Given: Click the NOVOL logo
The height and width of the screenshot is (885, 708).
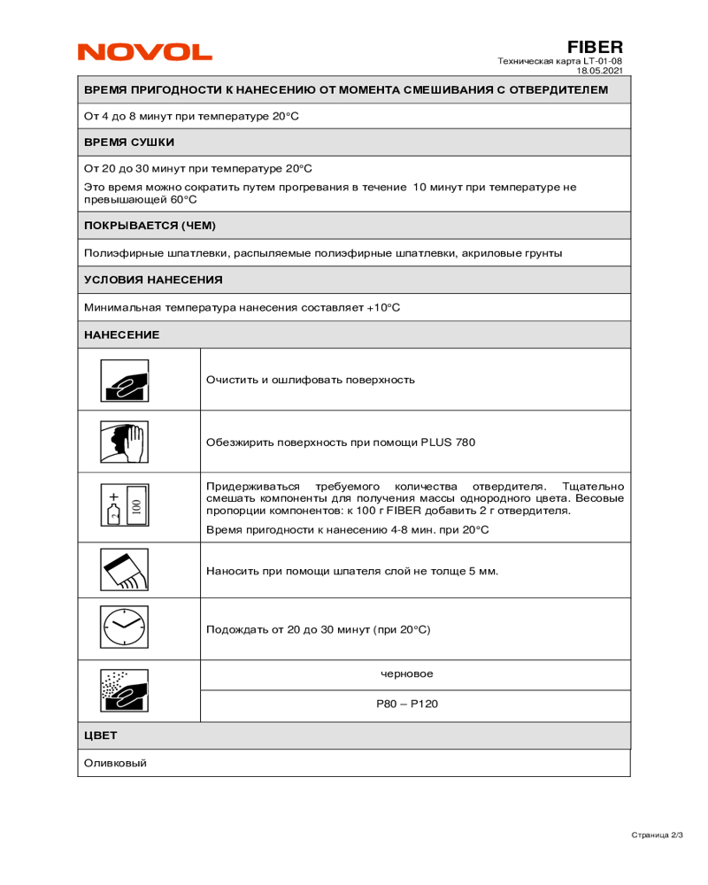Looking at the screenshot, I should click(145, 52).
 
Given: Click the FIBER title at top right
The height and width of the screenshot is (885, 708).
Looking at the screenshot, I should click(595, 47).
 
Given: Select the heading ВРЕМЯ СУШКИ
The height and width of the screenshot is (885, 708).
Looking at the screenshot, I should click(129, 142).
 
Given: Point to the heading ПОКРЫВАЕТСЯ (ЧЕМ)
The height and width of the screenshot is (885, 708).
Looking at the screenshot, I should click(150, 226).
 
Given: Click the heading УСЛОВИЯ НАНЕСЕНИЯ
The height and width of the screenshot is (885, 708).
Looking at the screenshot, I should click(153, 280).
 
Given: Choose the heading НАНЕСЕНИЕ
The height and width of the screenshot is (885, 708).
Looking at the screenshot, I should click(121, 335).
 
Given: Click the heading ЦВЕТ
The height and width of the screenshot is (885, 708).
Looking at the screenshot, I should click(100, 735).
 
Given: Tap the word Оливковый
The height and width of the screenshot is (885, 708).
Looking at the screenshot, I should click(115, 763).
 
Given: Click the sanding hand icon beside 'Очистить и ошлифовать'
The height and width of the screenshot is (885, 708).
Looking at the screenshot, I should click(124, 381).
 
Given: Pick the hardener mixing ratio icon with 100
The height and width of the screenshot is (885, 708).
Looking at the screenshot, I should click(124, 508).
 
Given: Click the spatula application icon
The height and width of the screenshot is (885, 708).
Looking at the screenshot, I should click(124, 571).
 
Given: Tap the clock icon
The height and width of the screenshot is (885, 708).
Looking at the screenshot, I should click(124, 629).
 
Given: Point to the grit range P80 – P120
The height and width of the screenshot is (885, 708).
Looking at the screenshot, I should click(407, 704).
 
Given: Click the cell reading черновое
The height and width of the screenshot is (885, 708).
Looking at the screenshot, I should click(407, 674).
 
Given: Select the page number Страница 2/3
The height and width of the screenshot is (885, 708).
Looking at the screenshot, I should click(657, 835).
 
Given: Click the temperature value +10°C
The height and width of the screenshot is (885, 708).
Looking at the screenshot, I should click(383, 307).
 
